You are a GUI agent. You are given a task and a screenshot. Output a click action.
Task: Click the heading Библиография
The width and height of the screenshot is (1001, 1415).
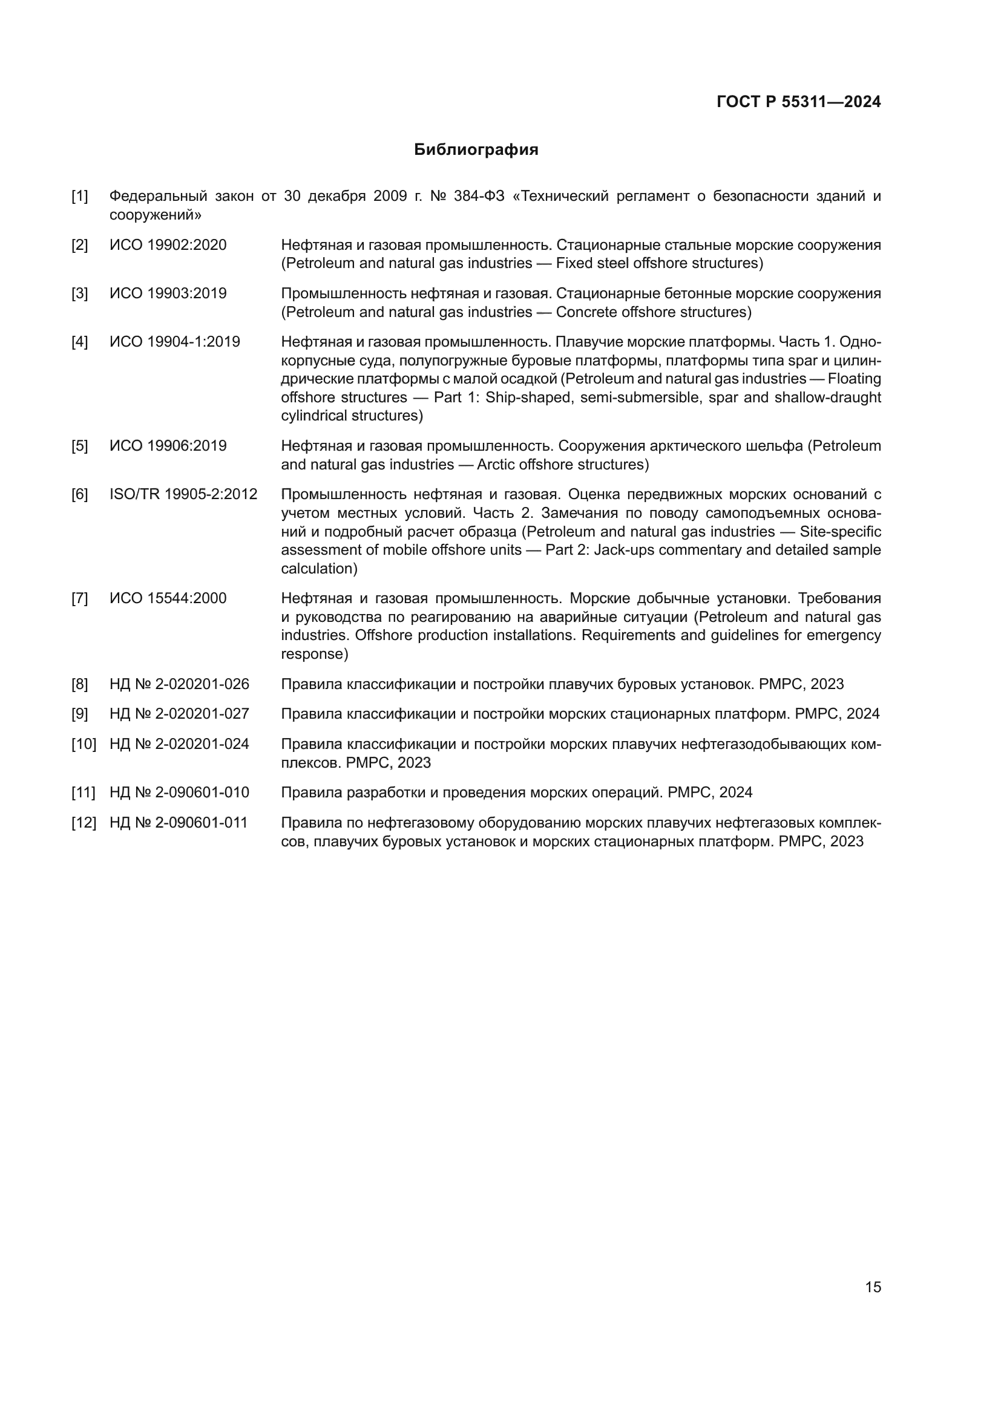click(x=476, y=150)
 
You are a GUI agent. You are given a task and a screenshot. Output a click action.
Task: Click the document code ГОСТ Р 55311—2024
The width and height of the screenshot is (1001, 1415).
click(x=798, y=102)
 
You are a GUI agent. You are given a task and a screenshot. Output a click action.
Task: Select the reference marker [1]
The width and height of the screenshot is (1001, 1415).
click(x=79, y=197)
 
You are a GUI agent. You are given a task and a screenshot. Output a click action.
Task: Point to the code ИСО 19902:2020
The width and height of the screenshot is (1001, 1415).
click(x=168, y=245)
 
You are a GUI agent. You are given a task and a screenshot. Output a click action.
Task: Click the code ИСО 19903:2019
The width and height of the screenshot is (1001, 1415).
click(x=168, y=293)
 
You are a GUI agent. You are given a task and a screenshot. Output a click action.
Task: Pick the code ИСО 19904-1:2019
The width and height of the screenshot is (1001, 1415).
click(x=174, y=342)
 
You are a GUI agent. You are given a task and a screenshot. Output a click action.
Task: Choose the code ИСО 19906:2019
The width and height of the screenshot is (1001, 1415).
click(x=168, y=446)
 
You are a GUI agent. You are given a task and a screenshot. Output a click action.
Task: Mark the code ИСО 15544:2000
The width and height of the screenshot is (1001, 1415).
click(x=168, y=598)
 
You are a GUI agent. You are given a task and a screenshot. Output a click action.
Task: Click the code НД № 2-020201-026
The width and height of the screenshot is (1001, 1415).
click(x=179, y=684)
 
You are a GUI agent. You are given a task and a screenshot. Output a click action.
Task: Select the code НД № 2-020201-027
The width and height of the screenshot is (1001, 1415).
click(x=179, y=714)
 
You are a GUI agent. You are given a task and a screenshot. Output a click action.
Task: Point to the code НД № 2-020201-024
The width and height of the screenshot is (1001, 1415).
click(x=179, y=744)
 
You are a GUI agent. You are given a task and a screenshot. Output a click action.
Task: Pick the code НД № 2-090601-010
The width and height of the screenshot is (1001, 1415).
click(x=179, y=792)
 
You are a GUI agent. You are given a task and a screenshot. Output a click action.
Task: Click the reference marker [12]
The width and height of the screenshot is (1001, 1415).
click(x=84, y=823)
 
